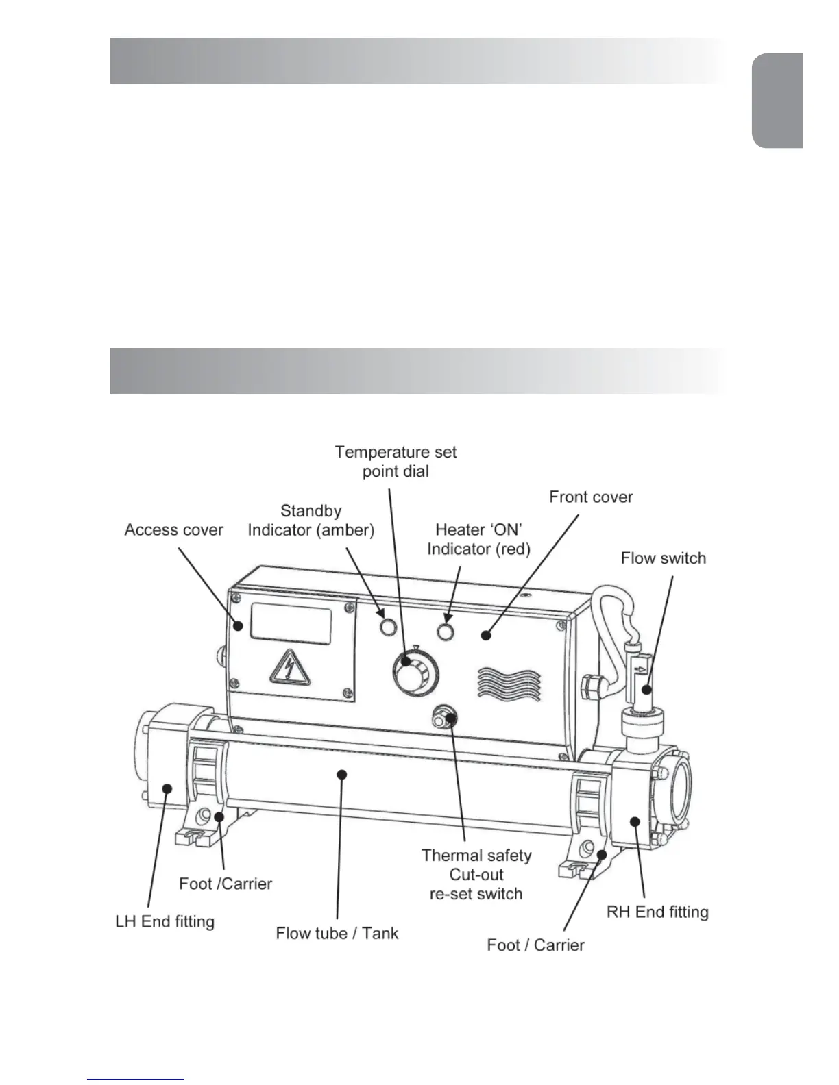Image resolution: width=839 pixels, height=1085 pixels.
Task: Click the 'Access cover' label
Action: click(x=173, y=530)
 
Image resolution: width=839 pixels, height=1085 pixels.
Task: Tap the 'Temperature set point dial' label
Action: click(x=396, y=462)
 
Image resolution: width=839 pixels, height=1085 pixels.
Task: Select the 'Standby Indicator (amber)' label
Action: click(x=311, y=521)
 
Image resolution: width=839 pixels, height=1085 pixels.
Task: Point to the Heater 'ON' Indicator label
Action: click(x=478, y=539)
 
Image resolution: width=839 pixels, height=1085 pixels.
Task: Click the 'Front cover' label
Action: click(x=590, y=497)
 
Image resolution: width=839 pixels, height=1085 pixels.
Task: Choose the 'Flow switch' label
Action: click(x=663, y=558)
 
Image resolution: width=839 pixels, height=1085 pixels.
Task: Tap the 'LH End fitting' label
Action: click(x=165, y=921)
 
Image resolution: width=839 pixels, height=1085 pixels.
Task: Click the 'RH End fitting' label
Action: click(x=657, y=912)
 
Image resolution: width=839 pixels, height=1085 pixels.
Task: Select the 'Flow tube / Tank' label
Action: click(x=337, y=933)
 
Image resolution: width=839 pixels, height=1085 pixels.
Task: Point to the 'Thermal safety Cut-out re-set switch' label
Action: click(x=476, y=875)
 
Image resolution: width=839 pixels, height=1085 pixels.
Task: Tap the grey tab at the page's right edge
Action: click(x=778, y=101)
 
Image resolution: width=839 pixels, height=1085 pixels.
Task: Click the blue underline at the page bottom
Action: click(x=136, y=1079)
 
